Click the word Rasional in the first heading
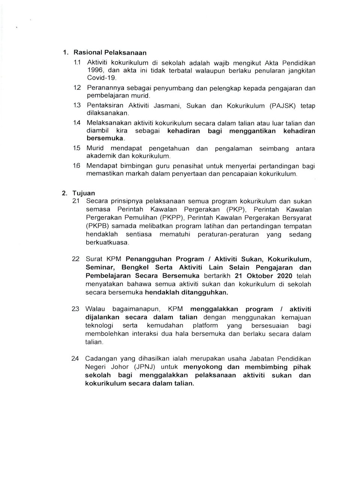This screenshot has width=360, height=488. click(87, 53)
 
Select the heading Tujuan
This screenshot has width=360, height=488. click(84, 193)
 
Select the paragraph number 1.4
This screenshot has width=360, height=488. click(77, 123)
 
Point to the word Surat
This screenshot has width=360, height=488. click(94, 259)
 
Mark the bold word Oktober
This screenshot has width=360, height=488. click(260, 276)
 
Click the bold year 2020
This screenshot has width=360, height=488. click(285, 276)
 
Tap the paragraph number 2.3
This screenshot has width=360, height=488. click(75, 309)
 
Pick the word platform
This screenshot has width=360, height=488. click(205, 325)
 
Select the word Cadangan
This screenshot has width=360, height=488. click(100, 359)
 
